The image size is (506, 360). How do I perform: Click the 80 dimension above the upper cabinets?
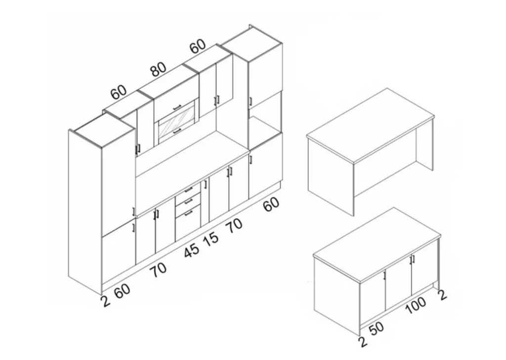click(159, 69)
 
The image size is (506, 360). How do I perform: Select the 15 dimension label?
click(211, 239)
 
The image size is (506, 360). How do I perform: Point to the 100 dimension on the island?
click(416, 305)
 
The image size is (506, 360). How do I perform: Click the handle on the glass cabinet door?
click(177, 131)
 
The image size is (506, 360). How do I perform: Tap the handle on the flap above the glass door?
click(177, 107)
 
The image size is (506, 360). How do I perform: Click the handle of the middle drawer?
click(188, 202)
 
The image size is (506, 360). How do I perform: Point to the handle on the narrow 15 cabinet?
click(206, 184)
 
